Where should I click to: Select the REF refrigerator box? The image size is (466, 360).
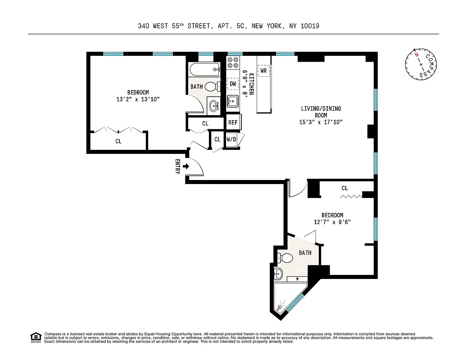233,122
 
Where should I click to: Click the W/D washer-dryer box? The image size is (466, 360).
231,139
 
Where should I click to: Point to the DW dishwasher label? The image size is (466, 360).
233,84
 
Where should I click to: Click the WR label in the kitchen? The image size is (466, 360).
264,71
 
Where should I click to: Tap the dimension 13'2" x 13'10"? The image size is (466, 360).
138,99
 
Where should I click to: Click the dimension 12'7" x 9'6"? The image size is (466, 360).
332,222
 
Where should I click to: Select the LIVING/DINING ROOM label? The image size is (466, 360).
321,112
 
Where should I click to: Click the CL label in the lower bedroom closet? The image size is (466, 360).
344,188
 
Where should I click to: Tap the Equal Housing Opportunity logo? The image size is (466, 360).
35,337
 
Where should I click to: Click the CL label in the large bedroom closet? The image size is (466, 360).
118,141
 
